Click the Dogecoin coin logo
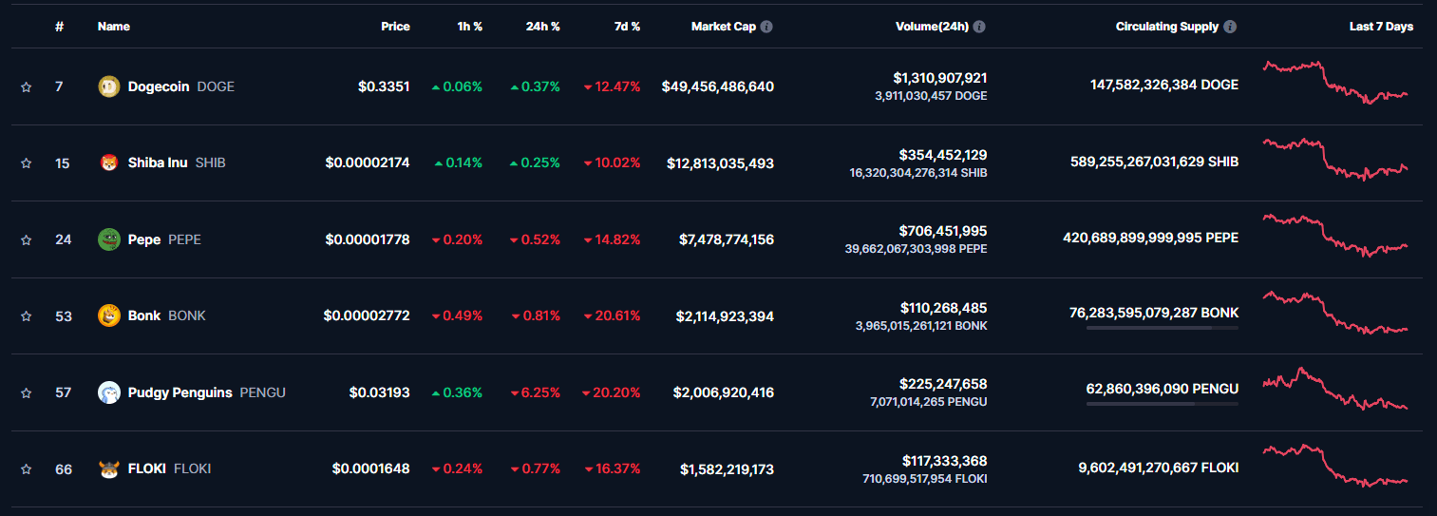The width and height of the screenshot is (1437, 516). (109, 86)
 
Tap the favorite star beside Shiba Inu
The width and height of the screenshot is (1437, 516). (27, 163)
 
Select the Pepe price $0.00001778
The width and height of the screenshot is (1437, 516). (368, 239)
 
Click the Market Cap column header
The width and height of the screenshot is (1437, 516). (724, 27)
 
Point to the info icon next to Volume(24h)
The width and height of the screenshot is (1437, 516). (979, 27)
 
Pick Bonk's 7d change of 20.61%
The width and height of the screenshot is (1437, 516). (613, 315)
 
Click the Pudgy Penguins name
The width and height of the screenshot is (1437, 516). (180, 392)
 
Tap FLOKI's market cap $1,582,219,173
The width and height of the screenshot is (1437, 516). (727, 469)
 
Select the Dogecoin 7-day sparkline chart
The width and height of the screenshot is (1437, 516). (1334, 83)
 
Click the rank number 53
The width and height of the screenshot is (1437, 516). (64, 316)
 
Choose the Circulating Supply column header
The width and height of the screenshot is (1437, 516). (1166, 27)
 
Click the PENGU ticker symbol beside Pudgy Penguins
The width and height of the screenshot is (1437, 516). (262, 392)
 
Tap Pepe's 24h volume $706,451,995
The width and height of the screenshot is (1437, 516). (943, 231)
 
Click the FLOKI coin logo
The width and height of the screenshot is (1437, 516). (109, 469)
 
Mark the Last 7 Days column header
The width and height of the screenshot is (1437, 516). (1381, 27)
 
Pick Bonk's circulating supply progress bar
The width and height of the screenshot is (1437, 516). (1162, 328)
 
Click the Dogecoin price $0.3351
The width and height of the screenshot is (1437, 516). (384, 86)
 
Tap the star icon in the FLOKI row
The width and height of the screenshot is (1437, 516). (27, 469)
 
